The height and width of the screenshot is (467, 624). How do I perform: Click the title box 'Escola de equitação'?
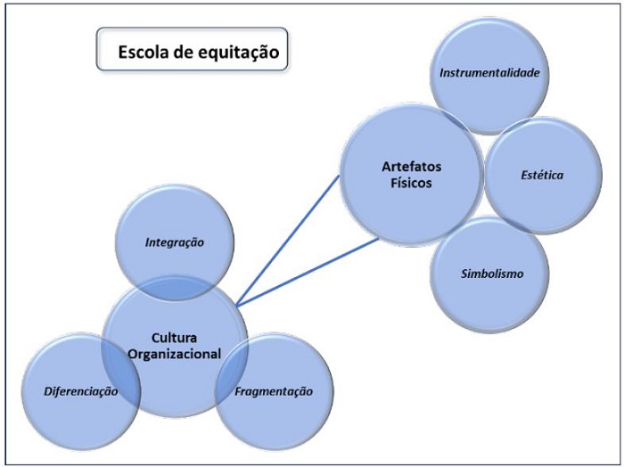(x=192, y=52)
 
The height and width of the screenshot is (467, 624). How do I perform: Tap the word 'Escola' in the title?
(x=142, y=53)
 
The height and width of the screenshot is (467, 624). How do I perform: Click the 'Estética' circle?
(x=542, y=175)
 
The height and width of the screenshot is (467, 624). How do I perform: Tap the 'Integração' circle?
(x=176, y=242)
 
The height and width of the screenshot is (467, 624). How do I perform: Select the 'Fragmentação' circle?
(x=273, y=391)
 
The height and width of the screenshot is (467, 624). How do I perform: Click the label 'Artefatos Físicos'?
(x=406, y=176)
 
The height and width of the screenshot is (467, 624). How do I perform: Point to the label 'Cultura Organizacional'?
(x=174, y=346)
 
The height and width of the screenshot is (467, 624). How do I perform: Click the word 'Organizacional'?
(x=174, y=354)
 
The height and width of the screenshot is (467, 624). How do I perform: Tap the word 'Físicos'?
(x=406, y=184)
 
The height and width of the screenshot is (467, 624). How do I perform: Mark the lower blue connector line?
(x=308, y=271)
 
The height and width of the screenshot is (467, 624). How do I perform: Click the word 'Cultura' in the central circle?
(x=174, y=338)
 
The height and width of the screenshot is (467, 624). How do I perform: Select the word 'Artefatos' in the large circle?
(x=406, y=168)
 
